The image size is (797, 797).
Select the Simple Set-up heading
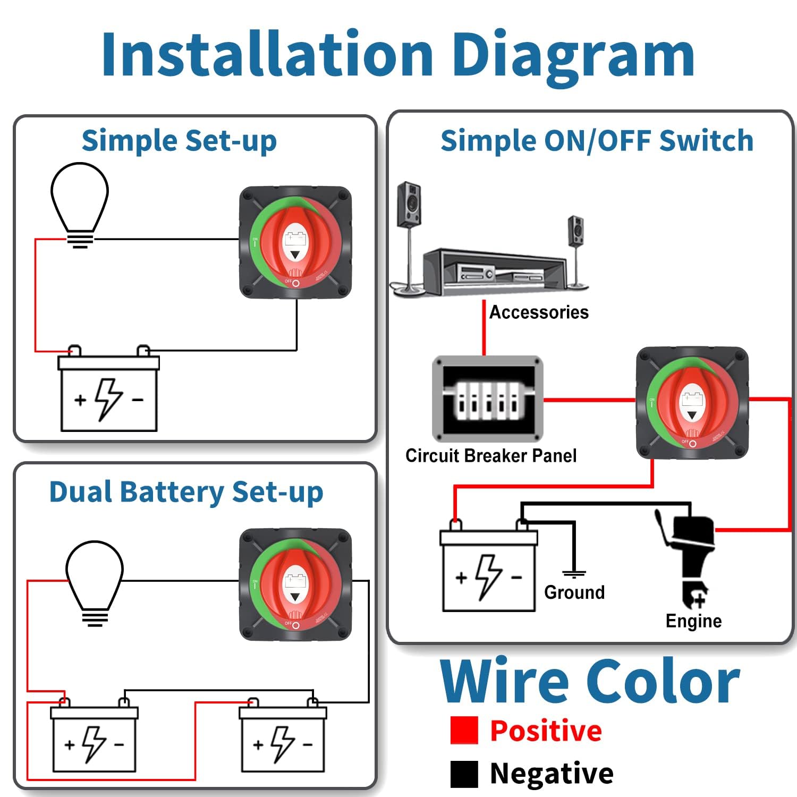(179, 141)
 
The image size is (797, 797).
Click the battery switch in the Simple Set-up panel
(295, 242)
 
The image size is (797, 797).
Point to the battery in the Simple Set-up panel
(108, 393)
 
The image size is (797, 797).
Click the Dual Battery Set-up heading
(186, 492)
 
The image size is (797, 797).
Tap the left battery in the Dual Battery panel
(94, 739)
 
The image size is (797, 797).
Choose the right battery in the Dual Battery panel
(283, 739)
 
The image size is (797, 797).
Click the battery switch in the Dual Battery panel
(295, 584)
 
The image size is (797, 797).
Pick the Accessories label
(538, 312)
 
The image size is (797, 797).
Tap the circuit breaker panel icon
(488, 398)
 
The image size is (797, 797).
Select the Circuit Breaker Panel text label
(490, 456)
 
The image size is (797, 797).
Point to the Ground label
(574, 592)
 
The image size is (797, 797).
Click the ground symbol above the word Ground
(574, 573)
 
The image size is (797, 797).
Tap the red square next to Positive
(464, 730)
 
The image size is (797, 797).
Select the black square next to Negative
(464, 774)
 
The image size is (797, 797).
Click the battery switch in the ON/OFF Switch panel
(692, 403)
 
